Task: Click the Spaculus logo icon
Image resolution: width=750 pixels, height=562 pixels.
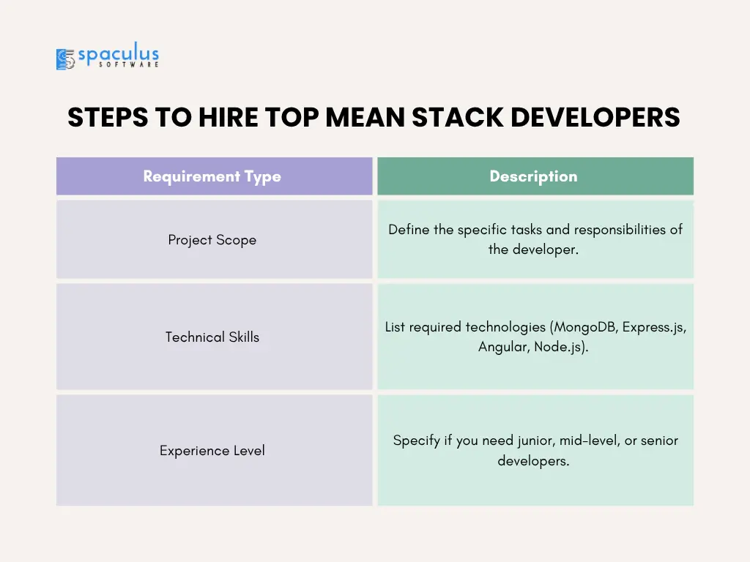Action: pyautogui.click(x=65, y=59)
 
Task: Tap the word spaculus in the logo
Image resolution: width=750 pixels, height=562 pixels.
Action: pyautogui.click(x=118, y=54)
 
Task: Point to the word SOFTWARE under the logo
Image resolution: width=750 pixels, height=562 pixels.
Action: pyautogui.click(x=129, y=64)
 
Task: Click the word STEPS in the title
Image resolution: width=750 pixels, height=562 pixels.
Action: pyautogui.click(x=108, y=117)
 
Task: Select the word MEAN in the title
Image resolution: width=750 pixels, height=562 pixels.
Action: pyautogui.click(x=365, y=117)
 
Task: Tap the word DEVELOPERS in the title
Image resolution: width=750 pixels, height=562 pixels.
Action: pyautogui.click(x=595, y=117)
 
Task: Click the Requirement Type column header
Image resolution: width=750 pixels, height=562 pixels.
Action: pyautogui.click(x=212, y=176)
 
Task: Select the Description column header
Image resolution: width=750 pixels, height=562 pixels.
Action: pyautogui.click(x=533, y=176)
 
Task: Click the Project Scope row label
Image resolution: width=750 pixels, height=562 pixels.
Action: pyautogui.click(x=212, y=240)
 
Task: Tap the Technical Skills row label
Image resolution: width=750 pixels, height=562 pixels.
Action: pyautogui.click(x=212, y=337)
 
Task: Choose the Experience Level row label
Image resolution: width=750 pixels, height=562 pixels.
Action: pyautogui.click(x=212, y=451)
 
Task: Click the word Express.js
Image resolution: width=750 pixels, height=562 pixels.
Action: pyautogui.click(x=654, y=327)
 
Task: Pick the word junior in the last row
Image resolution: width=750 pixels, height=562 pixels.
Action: pyautogui.click(x=537, y=441)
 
